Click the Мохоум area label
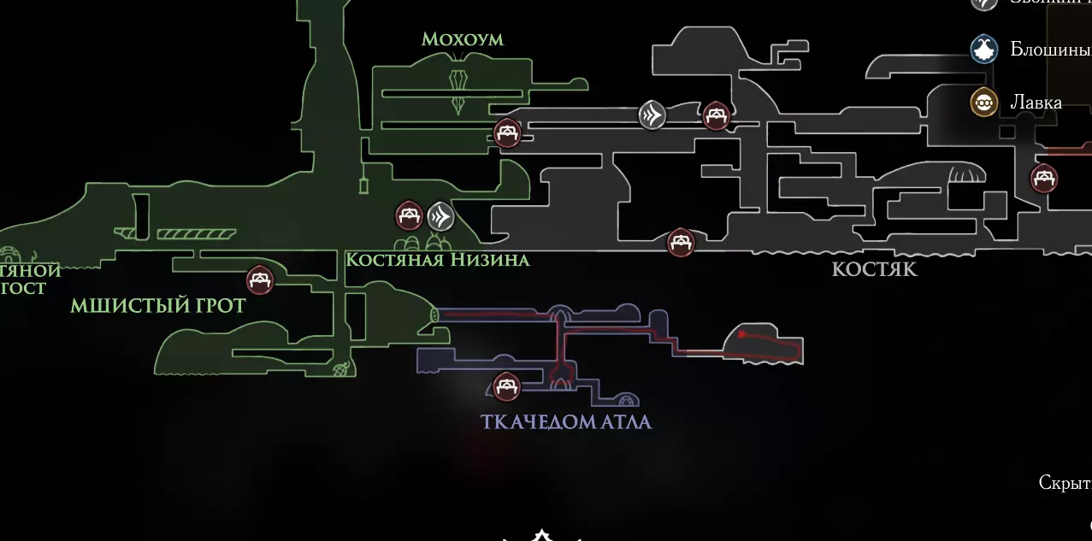[x=462, y=39]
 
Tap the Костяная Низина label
[x=437, y=259]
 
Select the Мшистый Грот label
[x=157, y=305]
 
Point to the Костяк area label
[x=874, y=269]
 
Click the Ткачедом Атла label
[x=566, y=421]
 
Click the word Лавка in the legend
[x=1036, y=103]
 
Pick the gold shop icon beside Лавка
[x=984, y=103]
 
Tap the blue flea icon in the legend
[x=984, y=50]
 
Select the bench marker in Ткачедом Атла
[x=506, y=386]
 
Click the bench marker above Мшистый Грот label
[x=260, y=279]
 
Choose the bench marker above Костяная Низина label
[x=409, y=216]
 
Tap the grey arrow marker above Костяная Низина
[x=440, y=216]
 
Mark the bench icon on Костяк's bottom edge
[x=681, y=243]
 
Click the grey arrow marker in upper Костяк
[x=652, y=115]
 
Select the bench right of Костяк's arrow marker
[x=717, y=115]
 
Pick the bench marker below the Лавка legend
[x=1044, y=179]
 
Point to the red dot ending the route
[x=741, y=334]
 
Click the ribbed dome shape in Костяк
[x=966, y=174]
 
